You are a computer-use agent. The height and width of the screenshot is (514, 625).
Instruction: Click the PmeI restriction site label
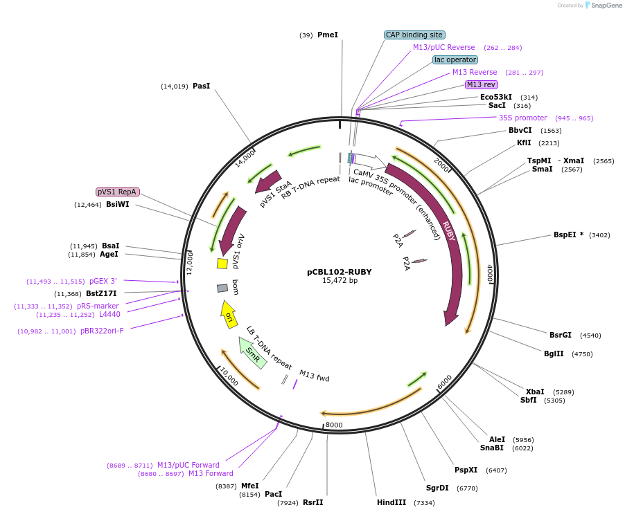coord(327,35)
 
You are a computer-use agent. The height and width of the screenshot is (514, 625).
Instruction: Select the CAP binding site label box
coord(414,35)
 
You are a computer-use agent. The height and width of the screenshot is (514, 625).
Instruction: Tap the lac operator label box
coord(455,59)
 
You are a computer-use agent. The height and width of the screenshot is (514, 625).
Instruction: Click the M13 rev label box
coord(481,84)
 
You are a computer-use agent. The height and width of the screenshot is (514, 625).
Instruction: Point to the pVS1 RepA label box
coord(118,192)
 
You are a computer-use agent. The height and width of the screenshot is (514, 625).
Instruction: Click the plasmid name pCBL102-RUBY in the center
coord(340,272)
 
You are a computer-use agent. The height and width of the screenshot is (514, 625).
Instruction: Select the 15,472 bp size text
coord(340,281)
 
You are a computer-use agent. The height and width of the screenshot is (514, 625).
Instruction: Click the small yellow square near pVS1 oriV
coord(222,264)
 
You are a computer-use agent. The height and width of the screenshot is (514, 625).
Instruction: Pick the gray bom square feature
coord(222,288)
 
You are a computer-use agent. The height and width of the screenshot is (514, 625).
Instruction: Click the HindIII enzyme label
coord(391,502)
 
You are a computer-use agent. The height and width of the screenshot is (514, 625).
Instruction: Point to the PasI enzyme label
coord(201,86)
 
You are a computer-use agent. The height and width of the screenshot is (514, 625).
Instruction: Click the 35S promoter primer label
coord(522,118)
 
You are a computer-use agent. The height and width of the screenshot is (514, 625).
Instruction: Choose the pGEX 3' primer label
coord(103,281)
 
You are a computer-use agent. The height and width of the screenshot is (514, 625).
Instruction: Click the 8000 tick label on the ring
coord(334,424)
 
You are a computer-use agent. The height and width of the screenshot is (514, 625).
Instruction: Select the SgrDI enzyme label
coord(437,488)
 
